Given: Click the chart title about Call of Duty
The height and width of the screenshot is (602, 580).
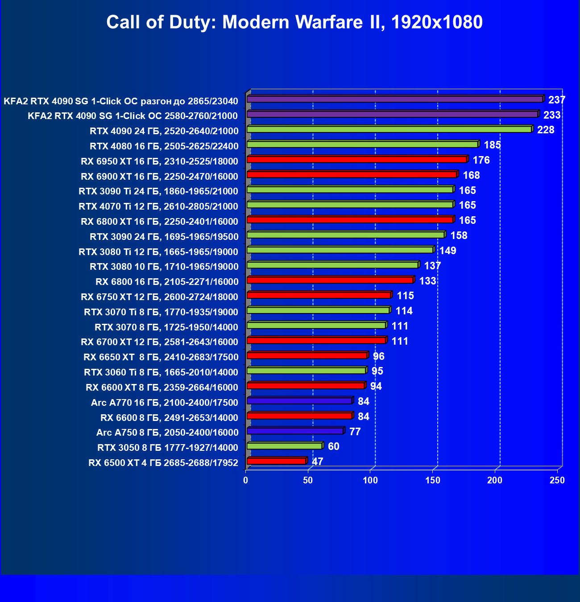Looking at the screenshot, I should click(x=294, y=22).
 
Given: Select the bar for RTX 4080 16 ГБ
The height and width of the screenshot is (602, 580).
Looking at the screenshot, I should click(x=362, y=144).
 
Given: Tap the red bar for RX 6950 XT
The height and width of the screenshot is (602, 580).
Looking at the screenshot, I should click(x=356, y=160).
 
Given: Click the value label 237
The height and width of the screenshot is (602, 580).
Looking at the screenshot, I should click(x=557, y=100).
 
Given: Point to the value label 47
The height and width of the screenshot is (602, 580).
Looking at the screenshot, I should click(x=317, y=461).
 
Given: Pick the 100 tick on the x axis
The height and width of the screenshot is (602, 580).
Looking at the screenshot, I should click(x=370, y=480).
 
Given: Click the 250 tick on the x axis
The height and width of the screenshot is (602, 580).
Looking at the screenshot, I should click(x=557, y=480).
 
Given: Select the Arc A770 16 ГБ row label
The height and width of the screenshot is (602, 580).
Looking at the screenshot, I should click(x=164, y=402).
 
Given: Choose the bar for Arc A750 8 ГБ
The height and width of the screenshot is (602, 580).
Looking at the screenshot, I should click(x=295, y=431).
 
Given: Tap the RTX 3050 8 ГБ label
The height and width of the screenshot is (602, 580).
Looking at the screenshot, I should click(x=168, y=448).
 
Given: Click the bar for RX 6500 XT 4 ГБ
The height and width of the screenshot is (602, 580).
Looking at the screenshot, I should click(x=276, y=461).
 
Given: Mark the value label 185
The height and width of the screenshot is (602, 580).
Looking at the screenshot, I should click(x=492, y=145).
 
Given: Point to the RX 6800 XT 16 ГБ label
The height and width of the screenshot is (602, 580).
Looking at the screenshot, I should click(x=159, y=221).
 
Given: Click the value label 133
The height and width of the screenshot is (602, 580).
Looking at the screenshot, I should click(x=427, y=280).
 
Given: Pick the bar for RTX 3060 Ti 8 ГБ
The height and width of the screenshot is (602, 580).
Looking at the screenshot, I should click(x=306, y=371).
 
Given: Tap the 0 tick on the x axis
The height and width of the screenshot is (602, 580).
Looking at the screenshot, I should click(x=246, y=480).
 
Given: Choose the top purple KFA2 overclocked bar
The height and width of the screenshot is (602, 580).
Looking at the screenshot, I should click(x=395, y=99).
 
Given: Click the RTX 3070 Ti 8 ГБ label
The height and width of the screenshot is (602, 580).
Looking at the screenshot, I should click(x=161, y=312).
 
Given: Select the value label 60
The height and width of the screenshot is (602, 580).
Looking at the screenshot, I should click(x=333, y=446).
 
